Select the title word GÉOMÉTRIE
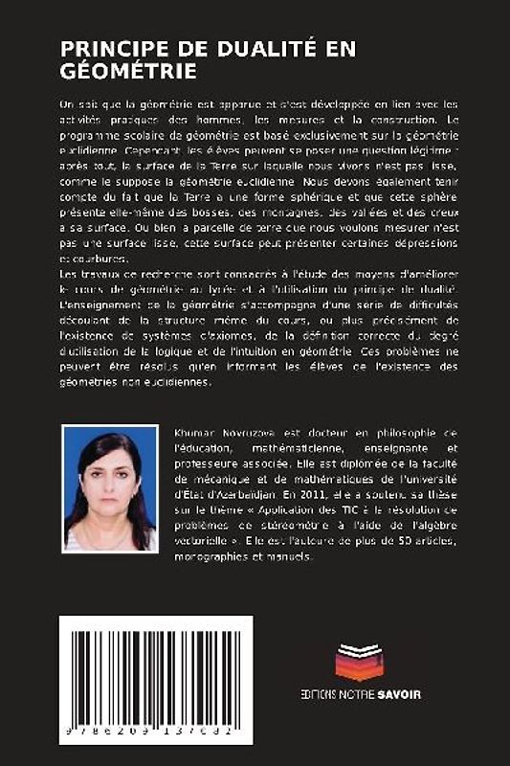click(x=128, y=71)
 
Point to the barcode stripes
click(x=156, y=671)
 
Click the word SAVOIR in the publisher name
click(x=399, y=693)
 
